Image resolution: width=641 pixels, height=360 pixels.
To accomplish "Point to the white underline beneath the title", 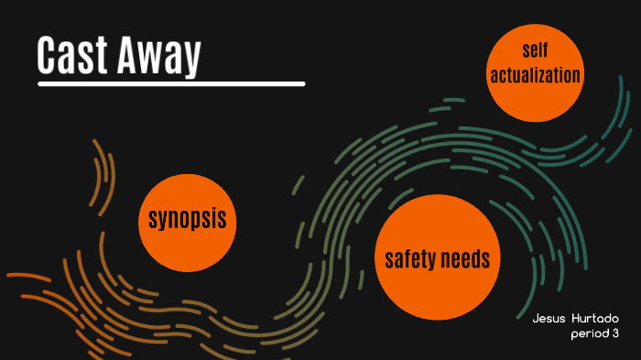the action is click(x=171, y=83).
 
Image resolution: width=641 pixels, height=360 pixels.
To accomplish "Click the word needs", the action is click(x=467, y=259).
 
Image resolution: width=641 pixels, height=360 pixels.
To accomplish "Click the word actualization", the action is click(x=536, y=74).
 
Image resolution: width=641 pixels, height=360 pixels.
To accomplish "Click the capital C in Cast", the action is click(x=48, y=57).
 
